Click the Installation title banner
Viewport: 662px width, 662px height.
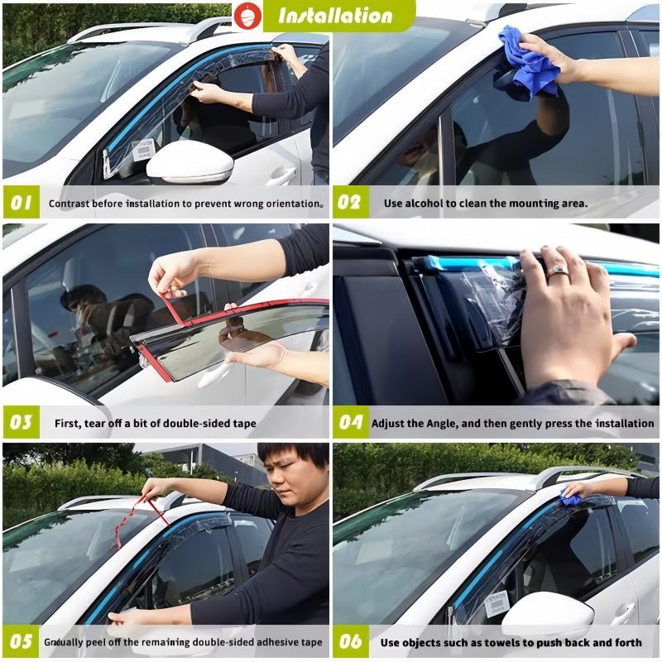tap(335, 15)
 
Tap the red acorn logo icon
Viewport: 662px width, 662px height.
tap(246, 15)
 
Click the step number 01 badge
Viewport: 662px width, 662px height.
tap(21, 203)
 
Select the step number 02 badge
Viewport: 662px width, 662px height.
tap(350, 203)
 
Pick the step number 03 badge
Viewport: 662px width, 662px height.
tap(21, 423)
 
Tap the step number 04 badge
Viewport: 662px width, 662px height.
tap(350, 423)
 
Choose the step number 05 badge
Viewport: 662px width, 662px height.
tap(21, 641)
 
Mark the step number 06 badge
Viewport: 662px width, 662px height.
tap(350, 641)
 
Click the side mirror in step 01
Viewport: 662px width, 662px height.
tap(190, 162)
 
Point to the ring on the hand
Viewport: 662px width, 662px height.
tap(559, 271)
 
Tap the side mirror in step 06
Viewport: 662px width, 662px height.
tap(546, 614)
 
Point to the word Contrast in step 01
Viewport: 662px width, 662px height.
tap(70, 203)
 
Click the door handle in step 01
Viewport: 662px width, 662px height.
tap(281, 176)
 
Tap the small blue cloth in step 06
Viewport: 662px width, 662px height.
tap(571, 498)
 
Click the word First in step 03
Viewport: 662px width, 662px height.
tap(67, 423)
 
